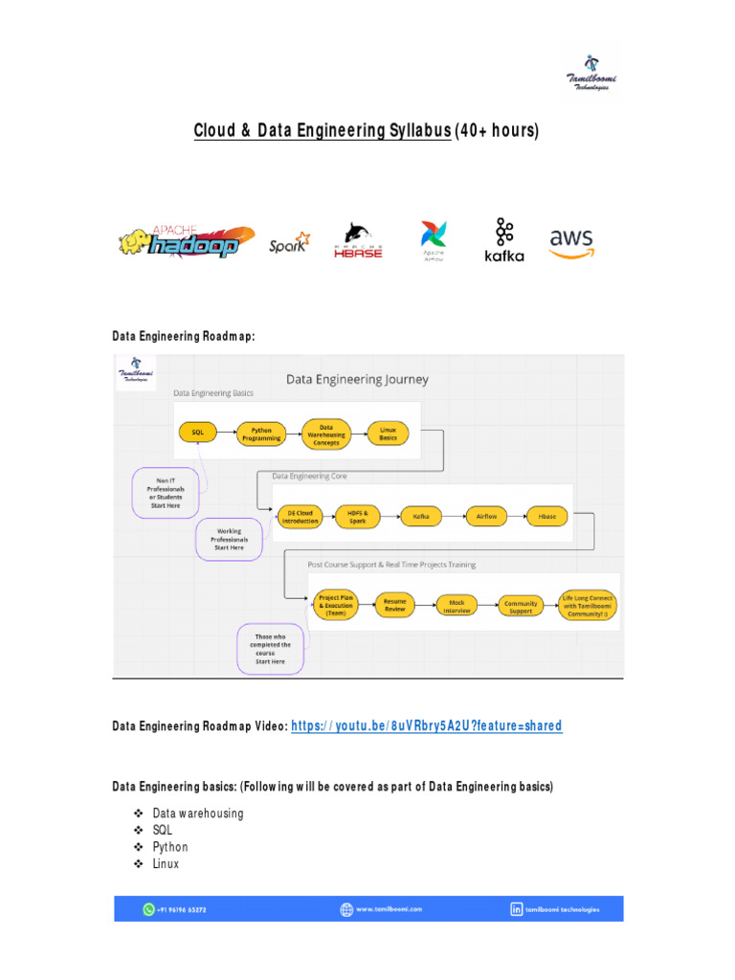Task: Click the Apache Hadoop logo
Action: tap(187, 241)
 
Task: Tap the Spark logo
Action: tap(289, 242)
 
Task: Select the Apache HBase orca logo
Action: tap(358, 240)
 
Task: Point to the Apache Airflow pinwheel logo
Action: tap(434, 240)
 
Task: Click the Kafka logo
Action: tap(504, 240)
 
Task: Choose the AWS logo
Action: tap(571, 242)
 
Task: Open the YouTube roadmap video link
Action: tap(426, 726)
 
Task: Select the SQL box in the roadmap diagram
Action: tap(197, 432)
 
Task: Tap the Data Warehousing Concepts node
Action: tap(325, 434)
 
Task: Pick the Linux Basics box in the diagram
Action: tap(388, 433)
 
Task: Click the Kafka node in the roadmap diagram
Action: tap(420, 516)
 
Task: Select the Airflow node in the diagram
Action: tap(486, 516)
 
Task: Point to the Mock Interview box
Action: tap(457, 606)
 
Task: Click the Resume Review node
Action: tap(394, 606)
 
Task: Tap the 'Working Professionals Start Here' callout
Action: tap(229, 539)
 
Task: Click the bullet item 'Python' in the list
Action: tap(170, 847)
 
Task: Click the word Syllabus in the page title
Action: tap(417, 130)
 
